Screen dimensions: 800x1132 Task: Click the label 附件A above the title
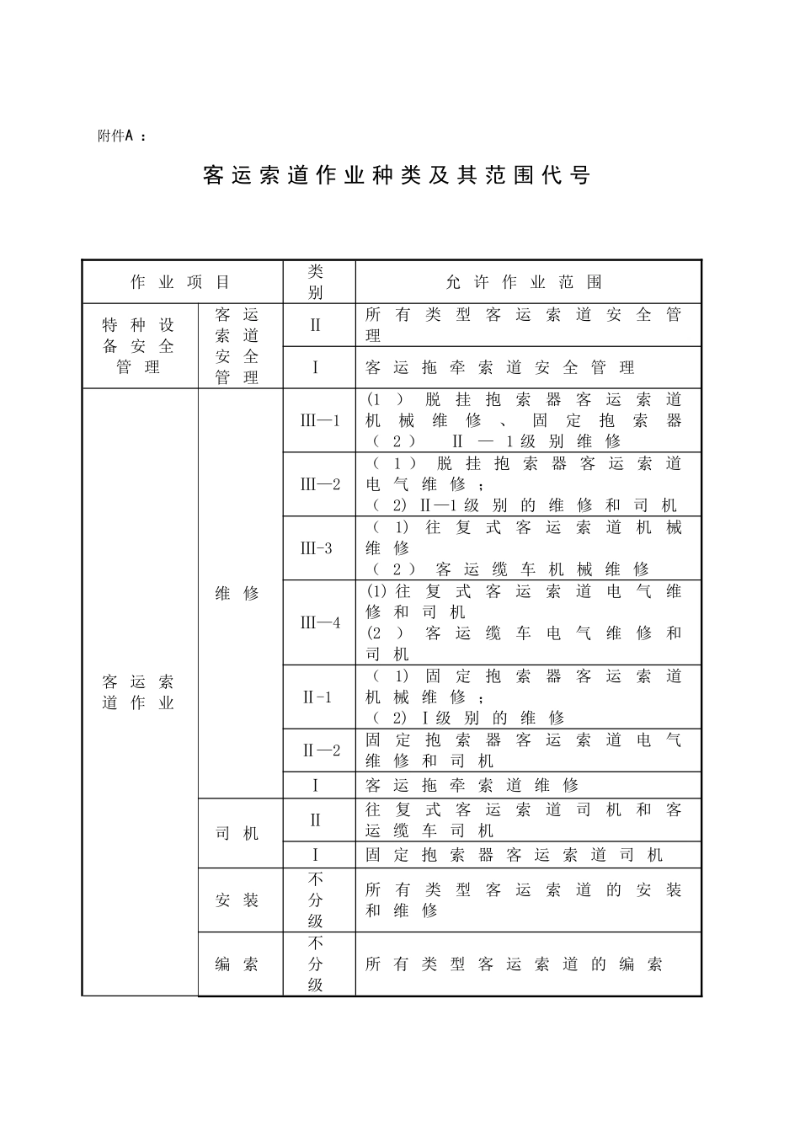click(x=116, y=136)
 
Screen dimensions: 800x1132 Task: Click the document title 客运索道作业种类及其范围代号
click(x=397, y=175)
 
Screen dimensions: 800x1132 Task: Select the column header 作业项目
click(x=181, y=282)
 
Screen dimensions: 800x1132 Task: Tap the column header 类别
click(x=316, y=282)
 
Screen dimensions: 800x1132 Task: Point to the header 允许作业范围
click(x=524, y=282)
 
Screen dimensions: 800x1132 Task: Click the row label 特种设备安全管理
click(x=139, y=346)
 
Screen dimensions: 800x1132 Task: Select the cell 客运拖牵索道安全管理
click(x=500, y=367)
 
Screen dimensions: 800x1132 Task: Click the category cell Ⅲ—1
click(x=320, y=420)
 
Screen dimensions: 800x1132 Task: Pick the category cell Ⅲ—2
click(x=320, y=484)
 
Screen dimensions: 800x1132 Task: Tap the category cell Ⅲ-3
click(x=317, y=548)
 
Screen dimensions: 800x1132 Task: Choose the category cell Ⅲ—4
click(x=320, y=622)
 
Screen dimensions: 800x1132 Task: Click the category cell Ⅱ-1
click(x=317, y=697)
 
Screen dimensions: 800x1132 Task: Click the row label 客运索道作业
click(x=139, y=691)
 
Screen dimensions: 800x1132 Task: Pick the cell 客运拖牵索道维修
click(x=472, y=785)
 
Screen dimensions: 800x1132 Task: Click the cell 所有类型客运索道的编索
click(x=514, y=964)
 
